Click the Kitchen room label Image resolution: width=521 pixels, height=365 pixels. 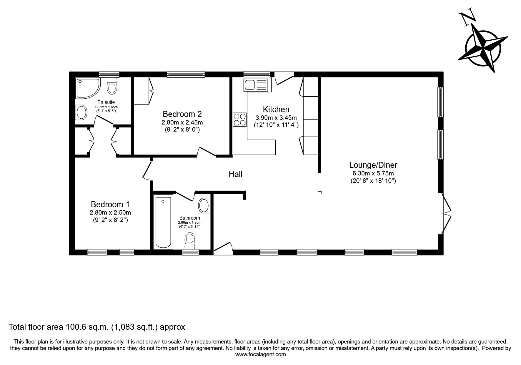276,109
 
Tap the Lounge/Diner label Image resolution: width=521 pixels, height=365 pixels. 373,165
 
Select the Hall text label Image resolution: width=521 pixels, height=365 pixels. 236,174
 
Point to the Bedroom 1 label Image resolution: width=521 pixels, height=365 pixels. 110,204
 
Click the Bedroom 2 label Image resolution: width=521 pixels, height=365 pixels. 182,114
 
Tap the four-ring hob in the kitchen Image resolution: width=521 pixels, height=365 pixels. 240,120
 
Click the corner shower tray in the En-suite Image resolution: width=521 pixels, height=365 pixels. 88,88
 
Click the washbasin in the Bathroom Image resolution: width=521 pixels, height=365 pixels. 204,205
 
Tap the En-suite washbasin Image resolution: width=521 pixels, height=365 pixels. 81,112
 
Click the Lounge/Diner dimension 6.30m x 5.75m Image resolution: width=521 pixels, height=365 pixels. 373,173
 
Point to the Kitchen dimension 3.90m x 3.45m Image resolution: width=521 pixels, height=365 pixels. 276,118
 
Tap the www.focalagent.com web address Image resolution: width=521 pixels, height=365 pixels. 260,354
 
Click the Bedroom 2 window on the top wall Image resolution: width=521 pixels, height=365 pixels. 186,74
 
